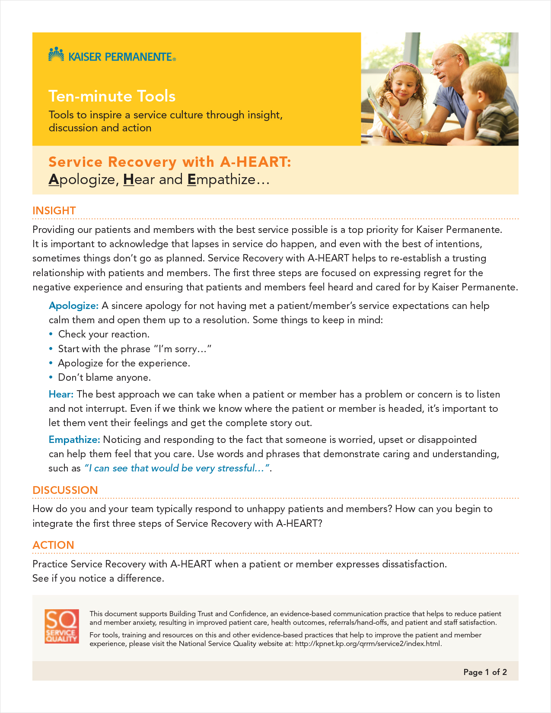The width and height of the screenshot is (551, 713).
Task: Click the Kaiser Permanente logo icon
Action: coord(56,54)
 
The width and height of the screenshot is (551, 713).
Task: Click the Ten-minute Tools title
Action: coord(112,96)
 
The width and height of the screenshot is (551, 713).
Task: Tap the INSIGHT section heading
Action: coord(54,210)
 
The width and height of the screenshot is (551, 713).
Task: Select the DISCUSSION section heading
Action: coord(65,490)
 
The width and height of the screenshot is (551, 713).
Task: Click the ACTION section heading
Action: coord(53,545)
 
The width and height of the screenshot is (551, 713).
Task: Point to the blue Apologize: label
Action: coord(74,306)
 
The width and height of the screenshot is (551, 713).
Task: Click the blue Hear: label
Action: coord(61,394)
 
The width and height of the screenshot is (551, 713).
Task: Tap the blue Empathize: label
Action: coord(74,439)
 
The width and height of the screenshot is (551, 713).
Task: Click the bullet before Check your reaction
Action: coord(51,334)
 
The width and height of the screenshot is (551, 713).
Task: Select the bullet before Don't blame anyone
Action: coord(51,377)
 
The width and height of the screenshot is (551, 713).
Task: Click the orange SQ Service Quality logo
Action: coord(61,626)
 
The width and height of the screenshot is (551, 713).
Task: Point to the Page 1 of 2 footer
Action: coord(485,672)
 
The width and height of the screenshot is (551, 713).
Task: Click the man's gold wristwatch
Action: coord(425,137)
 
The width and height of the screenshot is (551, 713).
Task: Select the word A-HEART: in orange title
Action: coord(256,162)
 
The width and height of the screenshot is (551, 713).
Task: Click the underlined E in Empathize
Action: coord(191,179)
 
